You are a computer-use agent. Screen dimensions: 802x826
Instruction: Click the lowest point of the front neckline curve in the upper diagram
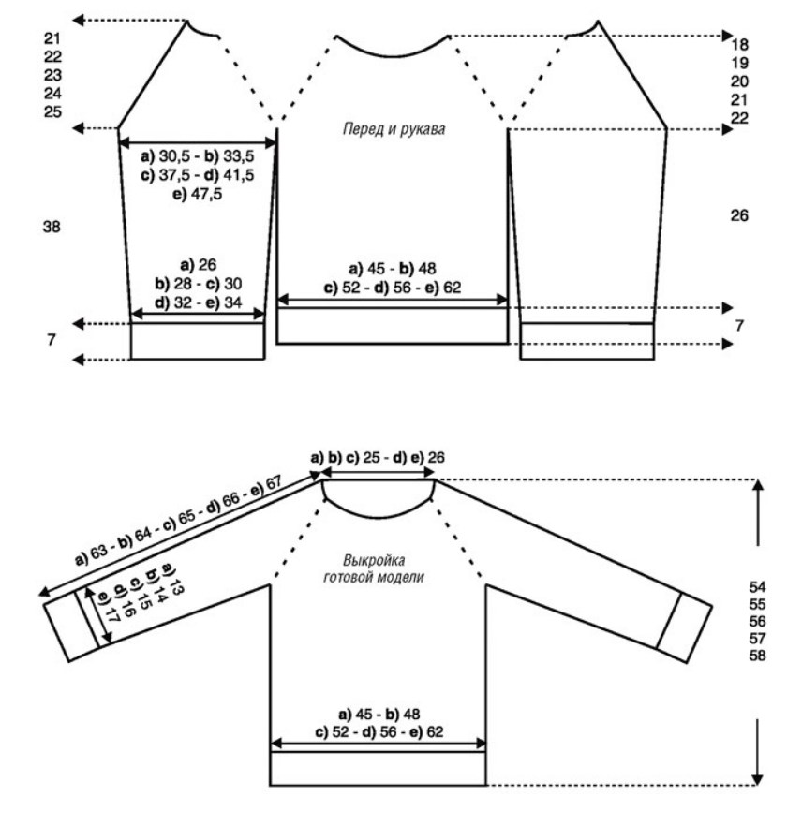[x=393, y=56]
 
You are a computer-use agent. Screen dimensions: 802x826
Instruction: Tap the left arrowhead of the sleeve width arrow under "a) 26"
[x=132, y=315]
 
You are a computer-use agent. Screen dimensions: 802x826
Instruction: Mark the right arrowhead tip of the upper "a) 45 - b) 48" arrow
[x=508, y=300]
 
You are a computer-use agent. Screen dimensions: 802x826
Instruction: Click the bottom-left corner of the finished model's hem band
[x=271, y=786]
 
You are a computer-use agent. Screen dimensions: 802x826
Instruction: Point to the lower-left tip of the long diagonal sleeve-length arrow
[x=39, y=596]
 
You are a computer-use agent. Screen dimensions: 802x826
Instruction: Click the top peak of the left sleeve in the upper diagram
[x=186, y=21]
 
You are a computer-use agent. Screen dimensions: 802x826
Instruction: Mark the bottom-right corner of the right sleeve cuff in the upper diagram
[x=654, y=360]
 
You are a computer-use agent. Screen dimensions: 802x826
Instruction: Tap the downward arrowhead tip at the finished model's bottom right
[x=757, y=785]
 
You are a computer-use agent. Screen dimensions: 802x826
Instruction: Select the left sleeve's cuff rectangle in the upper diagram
[x=198, y=341]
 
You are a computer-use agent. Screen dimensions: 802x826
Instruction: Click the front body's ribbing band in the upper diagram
[x=393, y=326]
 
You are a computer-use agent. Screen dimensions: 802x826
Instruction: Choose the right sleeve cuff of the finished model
[x=685, y=627]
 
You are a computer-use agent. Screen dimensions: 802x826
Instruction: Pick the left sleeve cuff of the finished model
[x=71, y=627]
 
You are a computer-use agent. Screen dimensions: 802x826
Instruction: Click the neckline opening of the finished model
[x=379, y=495]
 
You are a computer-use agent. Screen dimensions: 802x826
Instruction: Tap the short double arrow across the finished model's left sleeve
[x=98, y=615]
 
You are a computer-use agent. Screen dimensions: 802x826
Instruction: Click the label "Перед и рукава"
[x=394, y=129]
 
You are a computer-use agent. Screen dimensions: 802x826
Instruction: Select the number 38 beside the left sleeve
[x=52, y=227]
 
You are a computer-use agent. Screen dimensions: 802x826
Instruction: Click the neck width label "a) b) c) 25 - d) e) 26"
[x=378, y=457]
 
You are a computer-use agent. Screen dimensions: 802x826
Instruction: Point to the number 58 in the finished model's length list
[x=757, y=656]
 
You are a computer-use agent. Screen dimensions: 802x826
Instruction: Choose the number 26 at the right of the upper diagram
[x=739, y=215]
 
